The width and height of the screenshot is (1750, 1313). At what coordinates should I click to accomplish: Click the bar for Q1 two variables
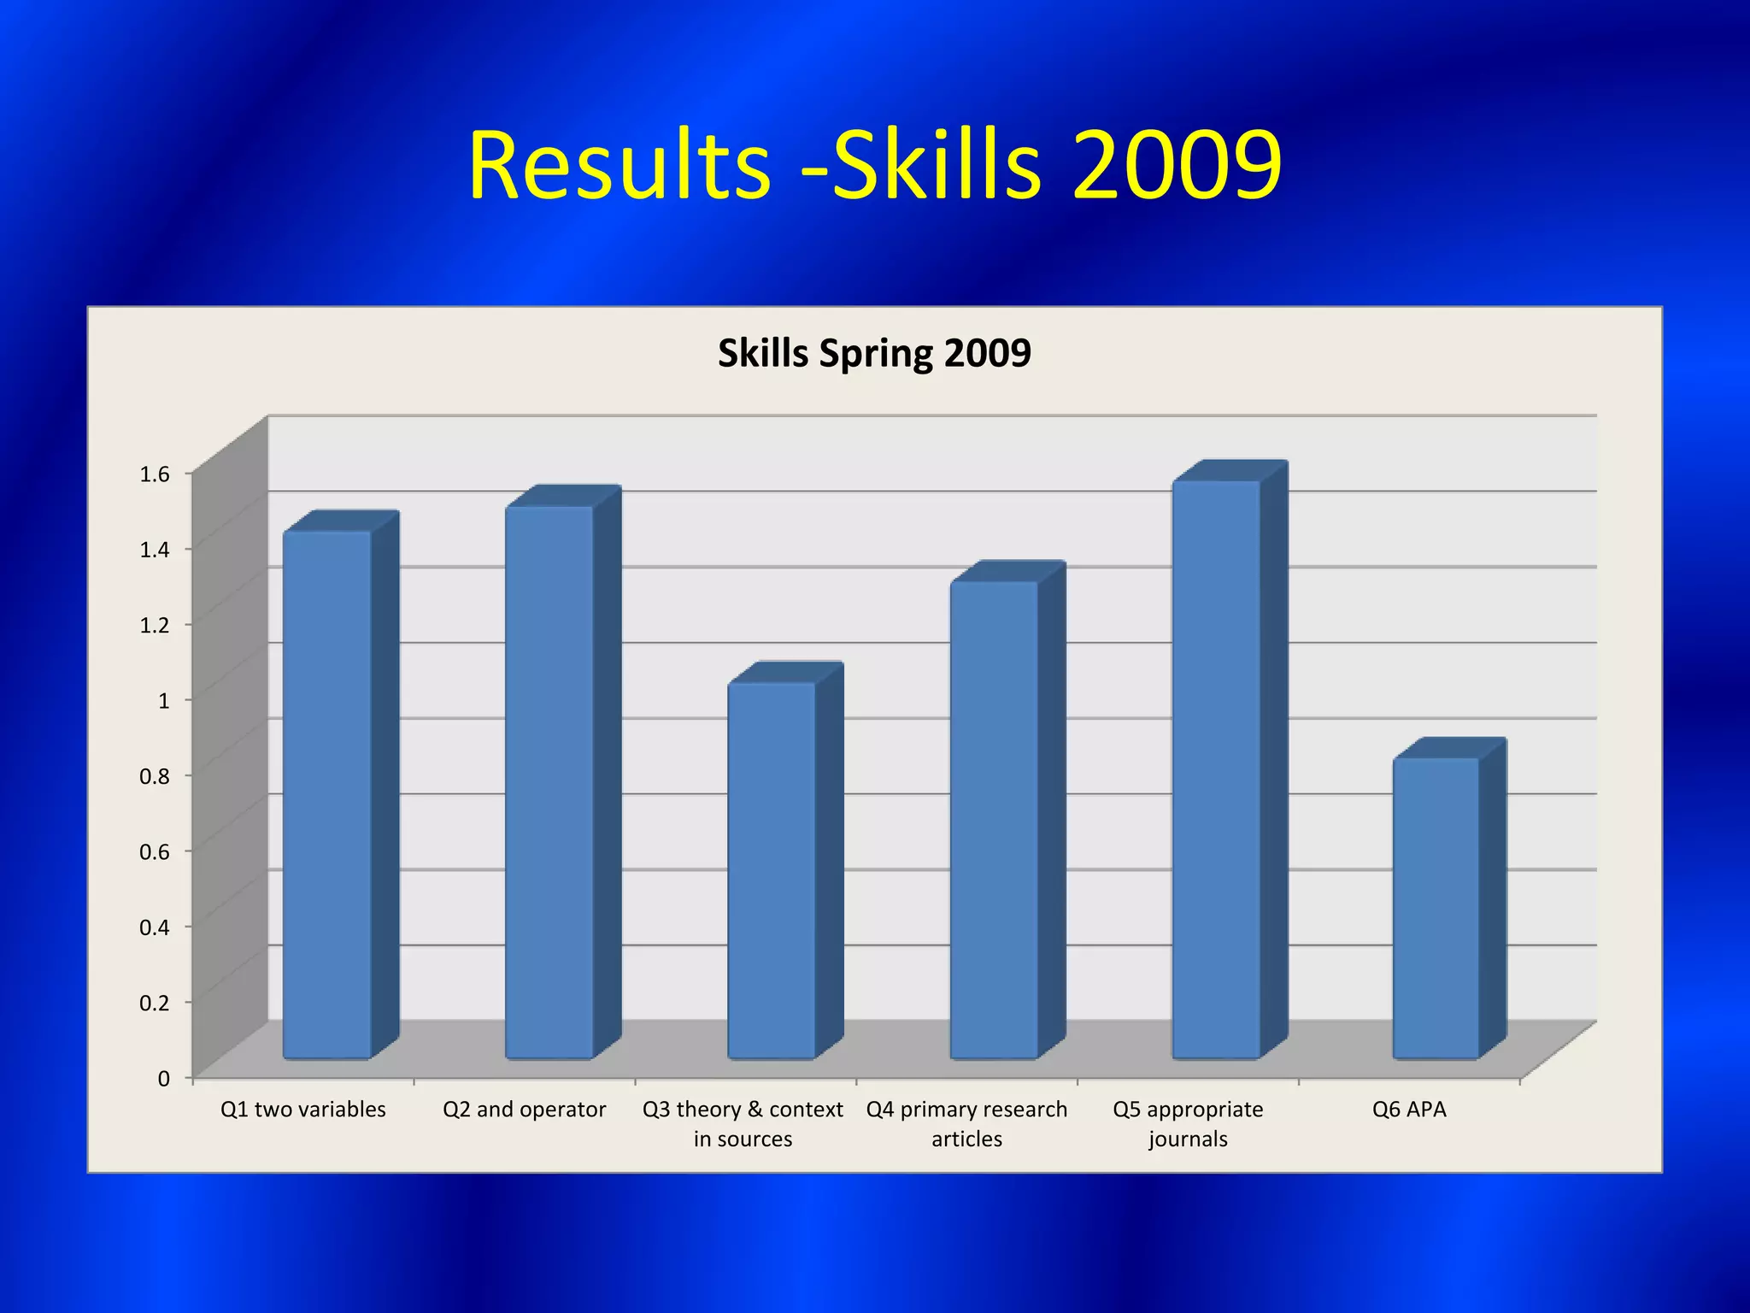(327, 795)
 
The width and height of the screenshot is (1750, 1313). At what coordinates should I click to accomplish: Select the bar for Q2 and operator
(549, 782)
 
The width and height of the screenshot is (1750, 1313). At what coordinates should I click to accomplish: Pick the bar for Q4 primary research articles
(994, 821)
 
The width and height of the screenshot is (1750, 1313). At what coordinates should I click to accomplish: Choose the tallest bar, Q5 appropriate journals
(1216, 769)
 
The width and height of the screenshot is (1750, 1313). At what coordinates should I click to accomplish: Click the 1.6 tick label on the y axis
(155, 474)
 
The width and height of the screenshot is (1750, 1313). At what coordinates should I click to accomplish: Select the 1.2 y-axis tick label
(155, 625)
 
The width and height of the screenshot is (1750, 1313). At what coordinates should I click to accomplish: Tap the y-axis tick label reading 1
(163, 701)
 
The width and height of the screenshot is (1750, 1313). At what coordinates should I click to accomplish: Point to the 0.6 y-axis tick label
(155, 851)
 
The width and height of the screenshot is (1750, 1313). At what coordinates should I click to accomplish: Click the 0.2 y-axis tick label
(155, 1003)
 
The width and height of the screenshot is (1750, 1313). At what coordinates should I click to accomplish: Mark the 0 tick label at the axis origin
(163, 1079)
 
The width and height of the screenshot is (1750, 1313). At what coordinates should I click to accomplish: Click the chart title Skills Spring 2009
(874, 353)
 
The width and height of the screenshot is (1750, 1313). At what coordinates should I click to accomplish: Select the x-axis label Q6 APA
(1409, 1110)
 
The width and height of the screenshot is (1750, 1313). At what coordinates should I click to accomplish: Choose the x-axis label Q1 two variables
(303, 1110)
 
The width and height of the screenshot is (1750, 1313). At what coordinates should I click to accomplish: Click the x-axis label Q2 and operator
(524, 1110)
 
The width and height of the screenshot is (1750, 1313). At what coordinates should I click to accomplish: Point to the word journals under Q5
(1188, 1139)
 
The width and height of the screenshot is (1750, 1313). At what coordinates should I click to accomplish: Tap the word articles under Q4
(966, 1139)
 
